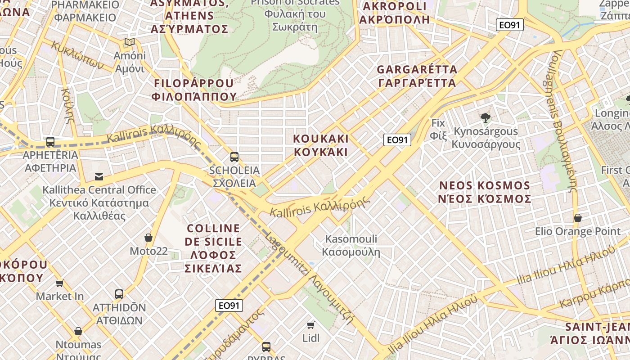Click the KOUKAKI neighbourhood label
coord(321,145)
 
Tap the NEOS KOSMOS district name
coord(485,192)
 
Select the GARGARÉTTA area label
coord(417,76)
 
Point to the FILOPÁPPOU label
coord(194,90)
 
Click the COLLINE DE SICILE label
coord(213,248)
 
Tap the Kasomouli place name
coord(351,245)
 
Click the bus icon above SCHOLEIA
coord(234,157)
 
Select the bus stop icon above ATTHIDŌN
coord(119,294)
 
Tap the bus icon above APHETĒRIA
coord(50,142)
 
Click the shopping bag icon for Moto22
coord(148,238)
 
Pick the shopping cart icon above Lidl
coord(310,325)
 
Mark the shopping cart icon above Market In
coord(60,283)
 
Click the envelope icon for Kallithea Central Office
coord(99,177)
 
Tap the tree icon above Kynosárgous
coord(485,118)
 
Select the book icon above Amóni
coord(130,42)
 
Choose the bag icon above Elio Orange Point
coord(578,218)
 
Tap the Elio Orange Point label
coord(578,231)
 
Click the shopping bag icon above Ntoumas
coord(78,332)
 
